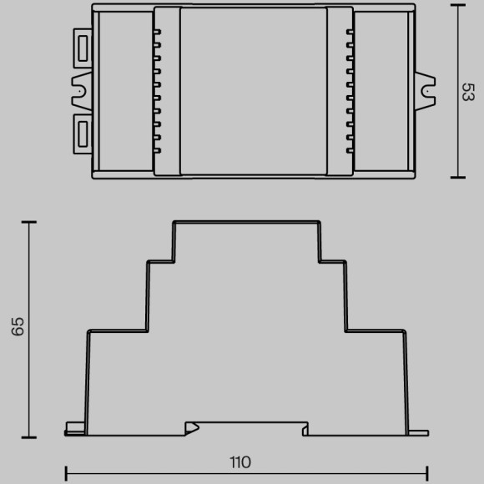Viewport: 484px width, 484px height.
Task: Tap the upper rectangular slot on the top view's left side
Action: [83, 50]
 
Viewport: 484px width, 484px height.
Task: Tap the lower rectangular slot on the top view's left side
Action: [83, 134]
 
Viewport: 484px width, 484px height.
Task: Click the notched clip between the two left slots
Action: [82, 91]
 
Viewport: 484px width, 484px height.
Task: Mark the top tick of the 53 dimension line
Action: [457, 5]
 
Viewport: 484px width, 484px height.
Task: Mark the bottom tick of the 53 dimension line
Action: [457, 177]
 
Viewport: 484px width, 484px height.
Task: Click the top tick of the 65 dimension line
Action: [29, 222]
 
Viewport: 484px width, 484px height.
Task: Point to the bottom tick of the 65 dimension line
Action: [29, 437]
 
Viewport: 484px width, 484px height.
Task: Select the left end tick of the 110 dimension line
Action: [66, 473]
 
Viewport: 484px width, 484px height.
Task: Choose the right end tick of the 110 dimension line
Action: [427, 473]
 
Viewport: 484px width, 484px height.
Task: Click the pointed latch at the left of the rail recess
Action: [192, 427]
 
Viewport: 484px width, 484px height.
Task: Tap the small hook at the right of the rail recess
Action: [305, 430]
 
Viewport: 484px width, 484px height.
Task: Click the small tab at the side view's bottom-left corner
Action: [74, 430]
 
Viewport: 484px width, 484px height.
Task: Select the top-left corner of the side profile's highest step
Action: [174, 222]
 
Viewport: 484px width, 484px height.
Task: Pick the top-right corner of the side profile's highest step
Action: [320, 222]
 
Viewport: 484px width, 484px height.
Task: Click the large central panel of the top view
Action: [253, 90]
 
